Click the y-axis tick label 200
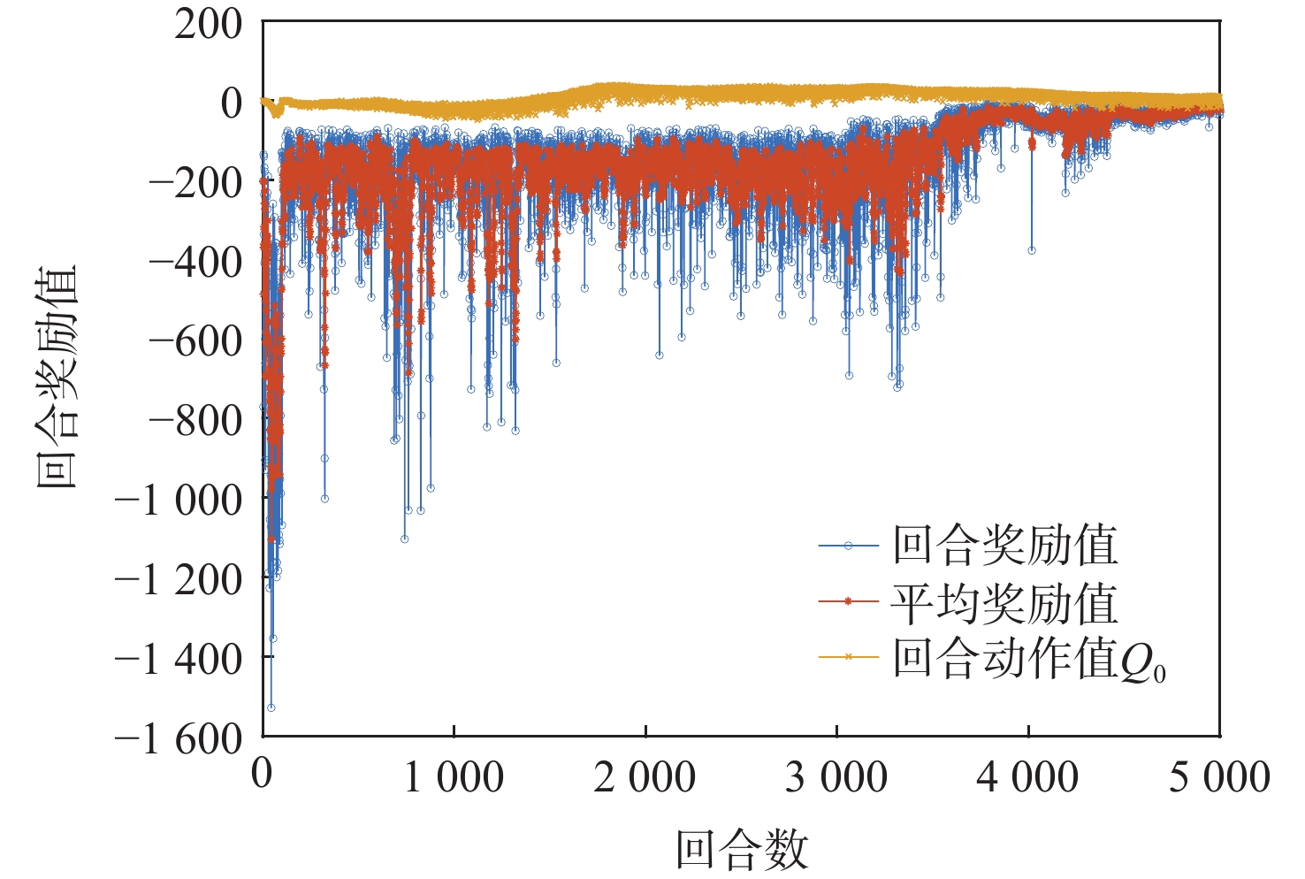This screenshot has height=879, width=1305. click(x=208, y=24)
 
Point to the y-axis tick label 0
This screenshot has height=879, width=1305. click(x=231, y=103)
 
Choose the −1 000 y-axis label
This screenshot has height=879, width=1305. click(x=178, y=501)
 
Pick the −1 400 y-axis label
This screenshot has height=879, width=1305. click(x=178, y=659)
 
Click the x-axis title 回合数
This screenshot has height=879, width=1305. click(x=742, y=850)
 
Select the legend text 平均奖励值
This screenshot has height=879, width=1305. click(x=1004, y=604)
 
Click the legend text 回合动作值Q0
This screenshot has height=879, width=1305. click(x=1029, y=660)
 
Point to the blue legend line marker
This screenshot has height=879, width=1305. click(x=848, y=546)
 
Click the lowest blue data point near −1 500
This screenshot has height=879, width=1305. click(x=271, y=707)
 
